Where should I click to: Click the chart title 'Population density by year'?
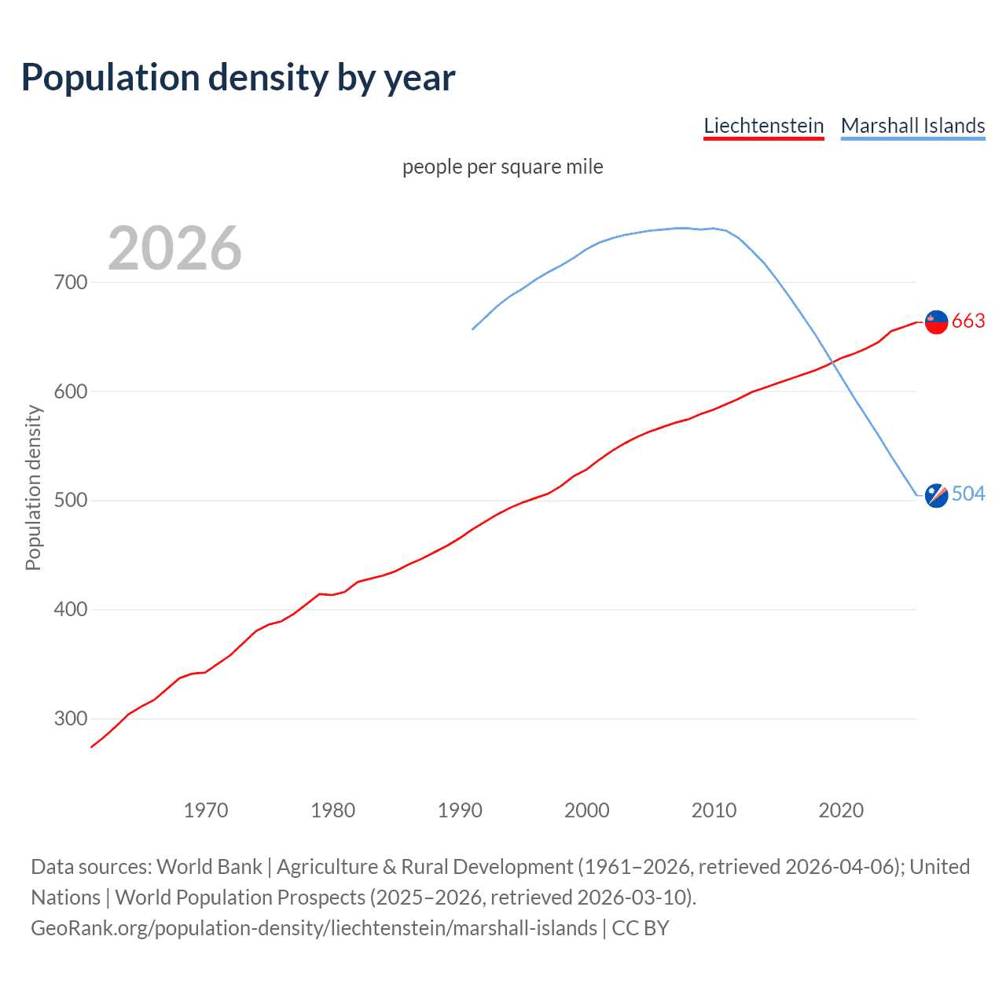[x=238, y=78]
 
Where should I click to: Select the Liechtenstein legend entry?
[x=763, y=126]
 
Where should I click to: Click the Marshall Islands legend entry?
[x=912, y=126]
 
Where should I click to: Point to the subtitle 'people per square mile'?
[x=502, y=167]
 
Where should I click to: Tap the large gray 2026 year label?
[x=174, y=248]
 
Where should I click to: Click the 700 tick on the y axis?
[x=71, y=282]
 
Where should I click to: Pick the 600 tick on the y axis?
[x=71, y=391]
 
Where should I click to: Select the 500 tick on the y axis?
[x=71, y=501]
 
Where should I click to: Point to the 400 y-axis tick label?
[x=71, y=610]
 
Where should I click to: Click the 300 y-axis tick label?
[x=71, y=719]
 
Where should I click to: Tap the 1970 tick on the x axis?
[x=206, y=810]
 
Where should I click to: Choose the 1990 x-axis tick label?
[x=460, y=810]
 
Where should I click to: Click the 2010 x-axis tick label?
[x=714, y=810]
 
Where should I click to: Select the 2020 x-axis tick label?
[x=841, y=810]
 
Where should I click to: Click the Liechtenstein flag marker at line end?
[x=936, y=321]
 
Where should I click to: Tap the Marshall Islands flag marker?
[x=936, y=495]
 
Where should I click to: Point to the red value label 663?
[x=968, y=321]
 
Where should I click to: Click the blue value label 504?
[x=968, y=494]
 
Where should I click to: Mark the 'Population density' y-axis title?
[x=33, y=487]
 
